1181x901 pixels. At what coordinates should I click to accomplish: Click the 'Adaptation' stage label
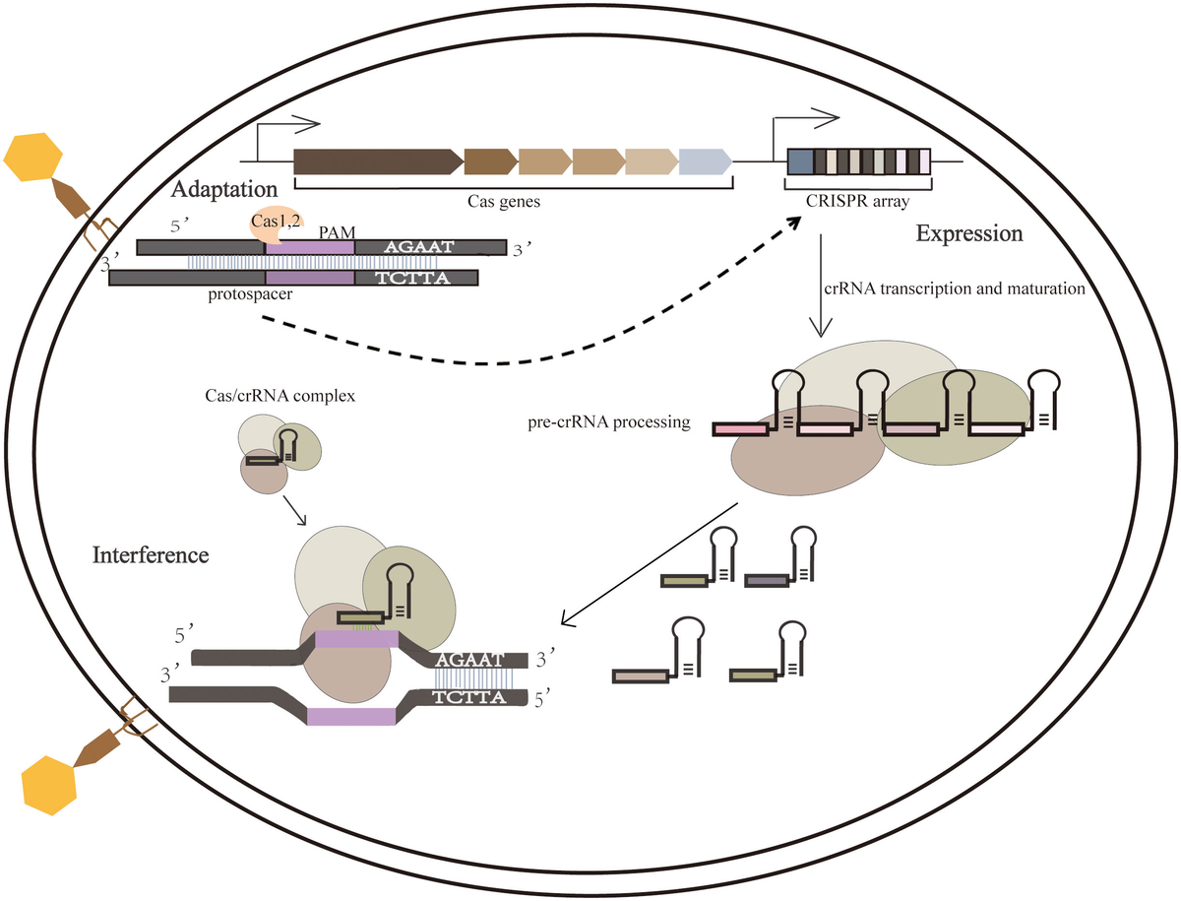pyautogui.click(x=222, y=187)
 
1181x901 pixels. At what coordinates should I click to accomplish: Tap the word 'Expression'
pyautogui.click(x=969, y=234)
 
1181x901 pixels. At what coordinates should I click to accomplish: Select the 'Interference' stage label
pyautogui.click(x=151, y=554)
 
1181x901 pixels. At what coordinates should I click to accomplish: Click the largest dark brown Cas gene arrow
pyautogui.click(x=377, y=162)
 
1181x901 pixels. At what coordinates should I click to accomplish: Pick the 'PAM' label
pyautogui.click(x=334, y=228)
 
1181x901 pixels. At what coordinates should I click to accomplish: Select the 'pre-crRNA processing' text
pyautogui.click(x=608, y=423)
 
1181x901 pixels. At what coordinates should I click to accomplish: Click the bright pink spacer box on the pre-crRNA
pyautogui.click(x=741, y=429)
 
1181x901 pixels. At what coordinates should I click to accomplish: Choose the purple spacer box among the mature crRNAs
pyautogui.click(x=766, y=582)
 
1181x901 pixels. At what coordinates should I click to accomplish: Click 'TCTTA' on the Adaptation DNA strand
pyautogui.click(x=413, y=278)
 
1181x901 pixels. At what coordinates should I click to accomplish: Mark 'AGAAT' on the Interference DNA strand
pyautogui.click(x=469, y=659)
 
